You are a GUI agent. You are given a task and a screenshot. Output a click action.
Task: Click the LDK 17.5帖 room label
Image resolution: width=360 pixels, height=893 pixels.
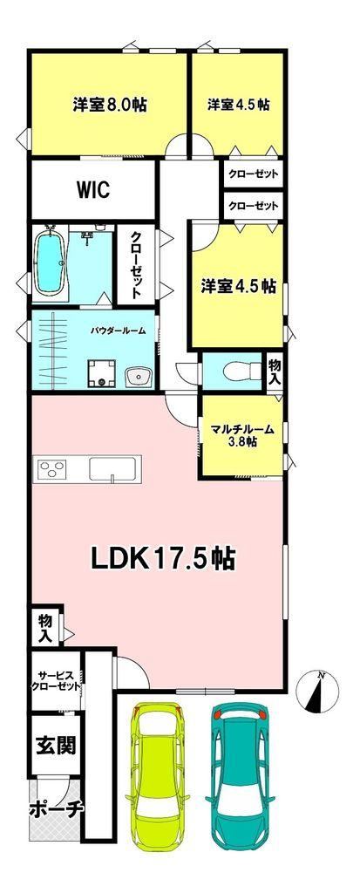pos(163,558)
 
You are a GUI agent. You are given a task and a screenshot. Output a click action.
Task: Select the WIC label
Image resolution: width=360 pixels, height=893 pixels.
pos(93,189)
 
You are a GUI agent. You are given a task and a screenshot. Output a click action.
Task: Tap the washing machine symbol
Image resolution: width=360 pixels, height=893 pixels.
pos(102,373)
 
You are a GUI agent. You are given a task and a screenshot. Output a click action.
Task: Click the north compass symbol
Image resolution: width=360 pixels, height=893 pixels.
pos(317,692)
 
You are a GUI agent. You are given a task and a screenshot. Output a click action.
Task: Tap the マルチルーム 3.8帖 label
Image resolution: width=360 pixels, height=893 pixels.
pos(242,434)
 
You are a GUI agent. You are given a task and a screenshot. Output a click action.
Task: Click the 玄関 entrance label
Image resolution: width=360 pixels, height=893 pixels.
pos(57,745)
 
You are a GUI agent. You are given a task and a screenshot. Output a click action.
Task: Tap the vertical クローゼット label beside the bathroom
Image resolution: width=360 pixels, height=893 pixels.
pos(137,265)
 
